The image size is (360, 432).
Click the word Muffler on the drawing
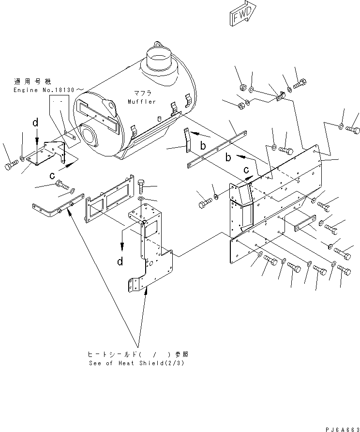tap(142, 102)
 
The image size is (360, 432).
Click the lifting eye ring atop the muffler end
tap(111, 106)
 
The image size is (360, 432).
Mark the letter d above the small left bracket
tap(35, 123)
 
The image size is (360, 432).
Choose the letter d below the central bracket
tap(120, 262)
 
